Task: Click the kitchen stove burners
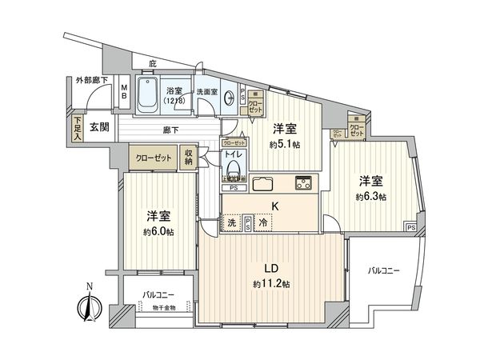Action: click(x=303, y=182)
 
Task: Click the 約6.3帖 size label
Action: click(x=371, y=196)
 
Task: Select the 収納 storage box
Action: click(x=189, y=157)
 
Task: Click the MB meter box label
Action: click(x=124, y=90)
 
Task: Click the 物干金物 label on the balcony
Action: click(x=156, y=308)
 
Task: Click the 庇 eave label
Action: click(x=154, y=63)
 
